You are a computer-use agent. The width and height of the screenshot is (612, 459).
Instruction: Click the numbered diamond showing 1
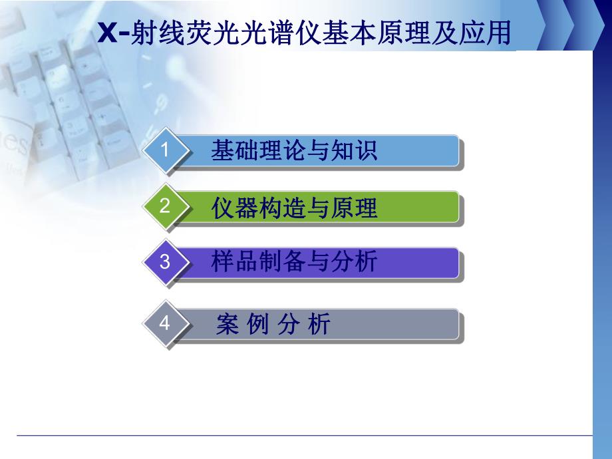165,151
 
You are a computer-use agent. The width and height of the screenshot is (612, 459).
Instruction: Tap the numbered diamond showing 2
165,207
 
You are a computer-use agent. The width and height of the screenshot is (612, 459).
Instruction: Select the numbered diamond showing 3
165,262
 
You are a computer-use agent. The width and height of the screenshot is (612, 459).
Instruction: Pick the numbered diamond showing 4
165,324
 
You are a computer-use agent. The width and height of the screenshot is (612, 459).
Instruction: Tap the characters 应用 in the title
490,33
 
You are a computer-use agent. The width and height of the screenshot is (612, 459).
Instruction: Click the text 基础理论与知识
293,151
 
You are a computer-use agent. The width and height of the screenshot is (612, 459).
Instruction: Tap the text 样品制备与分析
293,262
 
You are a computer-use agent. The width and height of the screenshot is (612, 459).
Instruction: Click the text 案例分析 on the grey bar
273,325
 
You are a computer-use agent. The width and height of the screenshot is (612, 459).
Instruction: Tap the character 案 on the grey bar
228,325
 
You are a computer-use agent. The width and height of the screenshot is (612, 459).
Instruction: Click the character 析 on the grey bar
319,325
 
